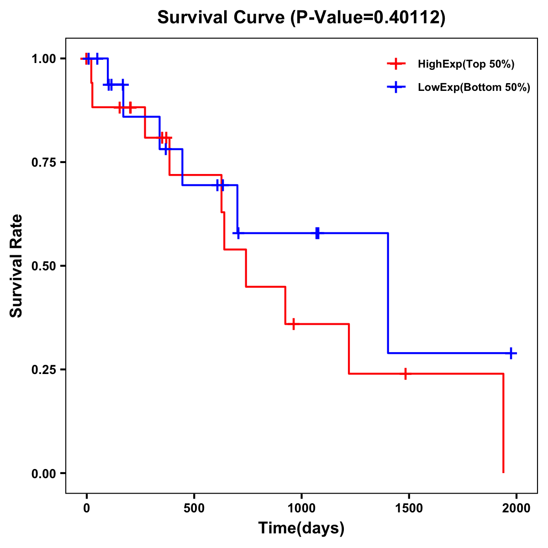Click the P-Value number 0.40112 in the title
[407, 17]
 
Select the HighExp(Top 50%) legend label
[466, 64]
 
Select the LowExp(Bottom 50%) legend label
[474, 88]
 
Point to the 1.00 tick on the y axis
[44, 59]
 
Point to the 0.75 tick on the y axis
[44, 163]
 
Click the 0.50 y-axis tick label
[44, 266]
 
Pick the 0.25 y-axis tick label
[44, 370]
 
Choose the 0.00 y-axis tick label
[44, 474]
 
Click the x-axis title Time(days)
[301, 528]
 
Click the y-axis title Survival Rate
[16, 266]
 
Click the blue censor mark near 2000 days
[511, 353]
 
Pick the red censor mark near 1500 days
[405, 374]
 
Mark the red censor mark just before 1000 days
[293, 324]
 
